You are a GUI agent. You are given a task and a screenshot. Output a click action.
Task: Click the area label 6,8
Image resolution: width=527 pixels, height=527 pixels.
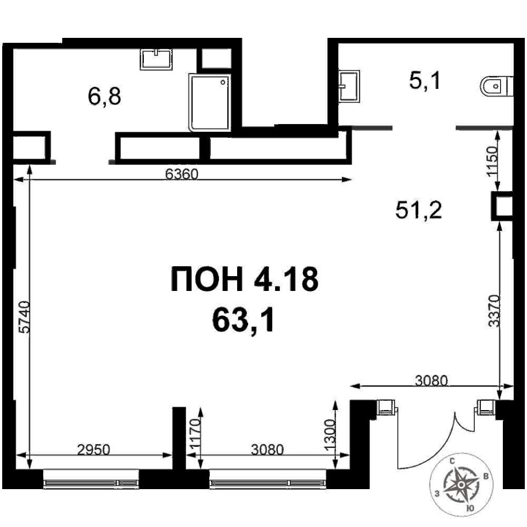click(x=104, y=97)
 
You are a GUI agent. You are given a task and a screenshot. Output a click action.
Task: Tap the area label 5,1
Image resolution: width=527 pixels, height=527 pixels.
click(x=424, y=81)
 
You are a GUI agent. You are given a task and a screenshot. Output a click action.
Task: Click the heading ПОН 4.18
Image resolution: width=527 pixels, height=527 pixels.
click(x=244, y=279)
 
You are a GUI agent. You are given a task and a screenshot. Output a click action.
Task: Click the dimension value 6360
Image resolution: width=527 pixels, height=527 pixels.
click(x=182, y=174)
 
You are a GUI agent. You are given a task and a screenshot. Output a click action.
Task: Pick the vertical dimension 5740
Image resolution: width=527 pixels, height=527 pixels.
click(x=25, y=317)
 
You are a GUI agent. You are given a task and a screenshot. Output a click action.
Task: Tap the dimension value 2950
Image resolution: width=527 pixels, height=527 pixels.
click(x=93, y=450)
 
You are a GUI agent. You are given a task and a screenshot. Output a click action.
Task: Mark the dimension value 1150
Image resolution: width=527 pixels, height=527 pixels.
click(x=492, y=161)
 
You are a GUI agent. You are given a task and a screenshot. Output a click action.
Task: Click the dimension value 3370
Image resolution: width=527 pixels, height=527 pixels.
click(x=494, y=311)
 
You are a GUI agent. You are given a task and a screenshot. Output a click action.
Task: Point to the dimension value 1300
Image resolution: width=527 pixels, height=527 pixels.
click(x=330, y=435)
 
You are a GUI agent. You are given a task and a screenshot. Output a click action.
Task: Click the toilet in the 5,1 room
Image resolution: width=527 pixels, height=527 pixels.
click(x=497, y=86)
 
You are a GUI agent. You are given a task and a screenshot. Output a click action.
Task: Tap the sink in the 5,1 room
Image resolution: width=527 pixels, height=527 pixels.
click(x=349, y=86)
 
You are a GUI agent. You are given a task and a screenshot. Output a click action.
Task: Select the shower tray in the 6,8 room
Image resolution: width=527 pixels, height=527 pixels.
click(x=210, y=103)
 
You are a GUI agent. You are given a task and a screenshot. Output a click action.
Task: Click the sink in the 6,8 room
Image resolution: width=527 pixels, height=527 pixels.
click(x=156, y=59)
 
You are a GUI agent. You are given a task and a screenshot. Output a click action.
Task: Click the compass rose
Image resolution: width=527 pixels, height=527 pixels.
click(x=462, y=485)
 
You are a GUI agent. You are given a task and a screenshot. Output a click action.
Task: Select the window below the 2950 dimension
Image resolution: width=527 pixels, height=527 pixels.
click(x=91, y=479)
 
